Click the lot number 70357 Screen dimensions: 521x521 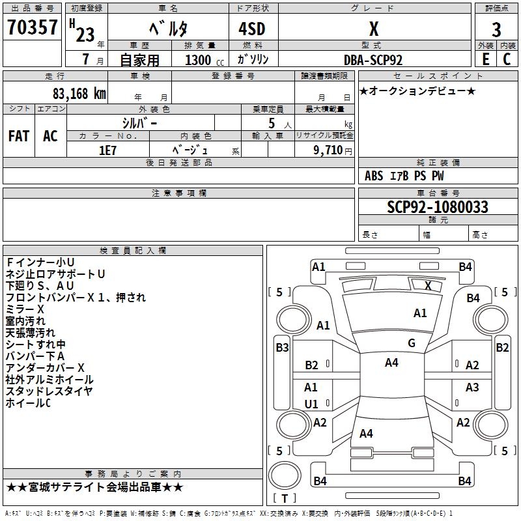point(33,28)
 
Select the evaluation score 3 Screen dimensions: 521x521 point(496,29)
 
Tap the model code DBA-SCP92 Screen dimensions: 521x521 point(373,60)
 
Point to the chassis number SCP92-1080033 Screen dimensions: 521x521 point(438,207)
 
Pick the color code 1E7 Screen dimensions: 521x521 point(107,150)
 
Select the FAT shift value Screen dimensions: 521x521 point(19,136)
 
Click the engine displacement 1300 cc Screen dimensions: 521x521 point(202,60)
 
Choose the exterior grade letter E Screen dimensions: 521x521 point(485,59)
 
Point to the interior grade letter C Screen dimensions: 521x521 point(507,59)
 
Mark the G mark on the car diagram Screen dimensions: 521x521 point(412,343)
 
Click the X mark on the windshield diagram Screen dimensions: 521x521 point(428,285)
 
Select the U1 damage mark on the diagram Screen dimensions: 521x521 point(311,404)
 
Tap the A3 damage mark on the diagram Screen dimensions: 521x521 point(472,387)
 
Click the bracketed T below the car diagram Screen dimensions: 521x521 point(285,498)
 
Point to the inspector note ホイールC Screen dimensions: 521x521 point(28,403)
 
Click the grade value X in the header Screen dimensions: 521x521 point(373,29)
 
